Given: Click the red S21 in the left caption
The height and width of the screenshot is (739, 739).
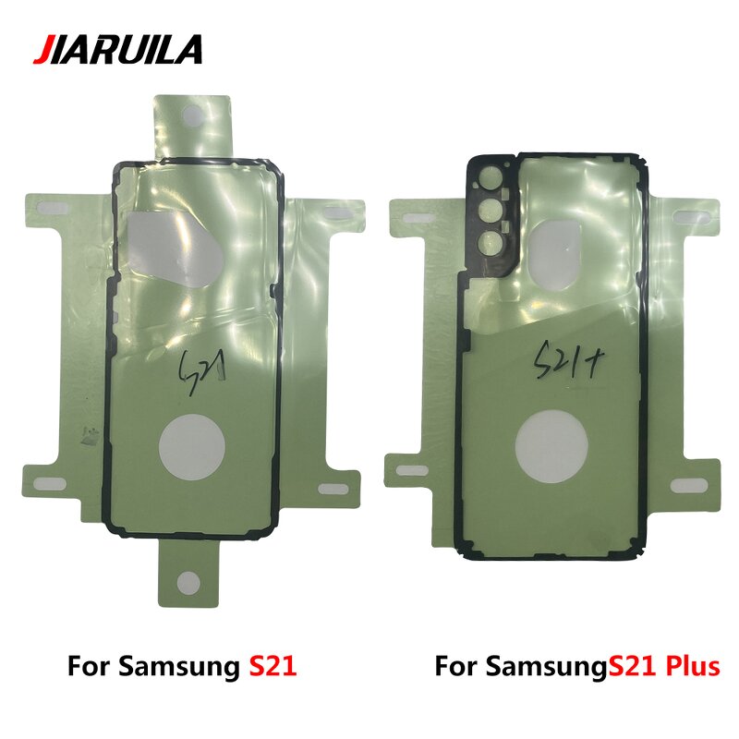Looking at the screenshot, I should tap(273, 666).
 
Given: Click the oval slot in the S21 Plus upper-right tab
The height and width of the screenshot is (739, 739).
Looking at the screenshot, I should tap(692, 213).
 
